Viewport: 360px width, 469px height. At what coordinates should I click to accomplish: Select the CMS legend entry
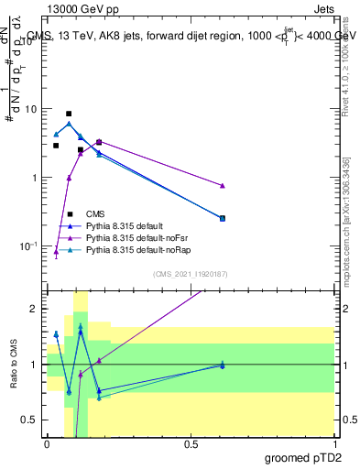tap(96, 213)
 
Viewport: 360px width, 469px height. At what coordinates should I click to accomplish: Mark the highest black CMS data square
tap(69, 114)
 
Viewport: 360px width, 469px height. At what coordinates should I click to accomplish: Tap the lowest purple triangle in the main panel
tap(56, 251)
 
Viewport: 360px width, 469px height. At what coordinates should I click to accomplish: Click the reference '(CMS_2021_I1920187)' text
tap(190, 273)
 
